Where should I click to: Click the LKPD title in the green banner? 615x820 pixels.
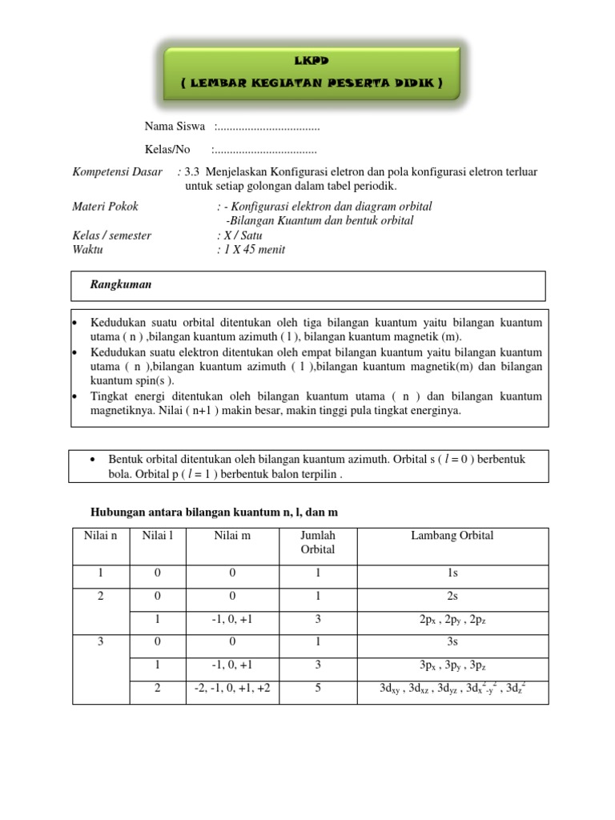click(x=312, y=60)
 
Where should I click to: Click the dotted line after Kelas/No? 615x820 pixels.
click(x=264, y=150)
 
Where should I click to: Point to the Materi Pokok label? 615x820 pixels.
click(x=105, y=207)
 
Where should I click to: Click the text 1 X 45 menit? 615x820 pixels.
click(x=251, y=250)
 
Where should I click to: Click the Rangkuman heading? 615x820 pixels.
click(x=121, y=285)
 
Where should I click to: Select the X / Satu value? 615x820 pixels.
click(x=239, y=236)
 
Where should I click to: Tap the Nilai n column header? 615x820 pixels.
click(x=101, y=536)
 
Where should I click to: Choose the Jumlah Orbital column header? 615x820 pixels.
click(x=318, y=542)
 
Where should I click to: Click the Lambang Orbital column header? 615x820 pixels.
click(x=452, y=536)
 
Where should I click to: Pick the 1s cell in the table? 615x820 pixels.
click(x=452, y=574)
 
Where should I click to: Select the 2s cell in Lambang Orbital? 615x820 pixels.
click(x=452, y=597)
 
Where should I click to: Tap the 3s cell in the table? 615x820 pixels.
click(x=452, y=643)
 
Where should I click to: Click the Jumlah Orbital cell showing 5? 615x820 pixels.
click(x=318, y=688)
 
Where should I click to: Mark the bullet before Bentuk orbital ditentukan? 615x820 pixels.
click(x=94, y=460)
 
